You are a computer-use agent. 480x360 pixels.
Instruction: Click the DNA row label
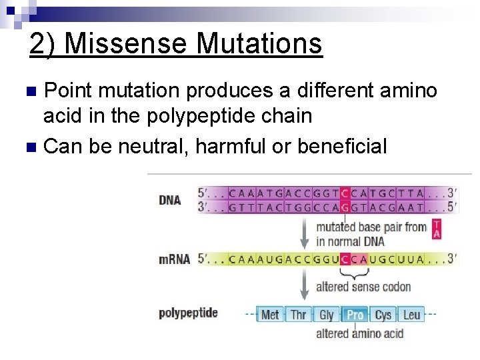(170, 200)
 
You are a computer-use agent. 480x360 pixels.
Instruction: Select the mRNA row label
(174, 259)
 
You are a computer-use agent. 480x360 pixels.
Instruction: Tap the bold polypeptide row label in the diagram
(188, 313)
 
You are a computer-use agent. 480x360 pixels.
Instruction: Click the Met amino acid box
(270, 314)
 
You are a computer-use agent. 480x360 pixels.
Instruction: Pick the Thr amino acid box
(298, 314)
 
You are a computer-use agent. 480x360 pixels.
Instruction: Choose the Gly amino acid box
(327, 314)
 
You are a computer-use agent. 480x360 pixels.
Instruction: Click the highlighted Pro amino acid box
(355, 314)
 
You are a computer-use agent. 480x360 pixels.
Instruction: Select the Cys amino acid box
(383, 314)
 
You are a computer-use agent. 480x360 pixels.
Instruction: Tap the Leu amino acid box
(411, 314)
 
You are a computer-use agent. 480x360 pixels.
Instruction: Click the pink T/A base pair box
(437, 228)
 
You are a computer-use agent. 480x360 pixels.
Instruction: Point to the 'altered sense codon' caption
(363, 287)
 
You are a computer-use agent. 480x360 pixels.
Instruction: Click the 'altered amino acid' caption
(359, 333)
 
